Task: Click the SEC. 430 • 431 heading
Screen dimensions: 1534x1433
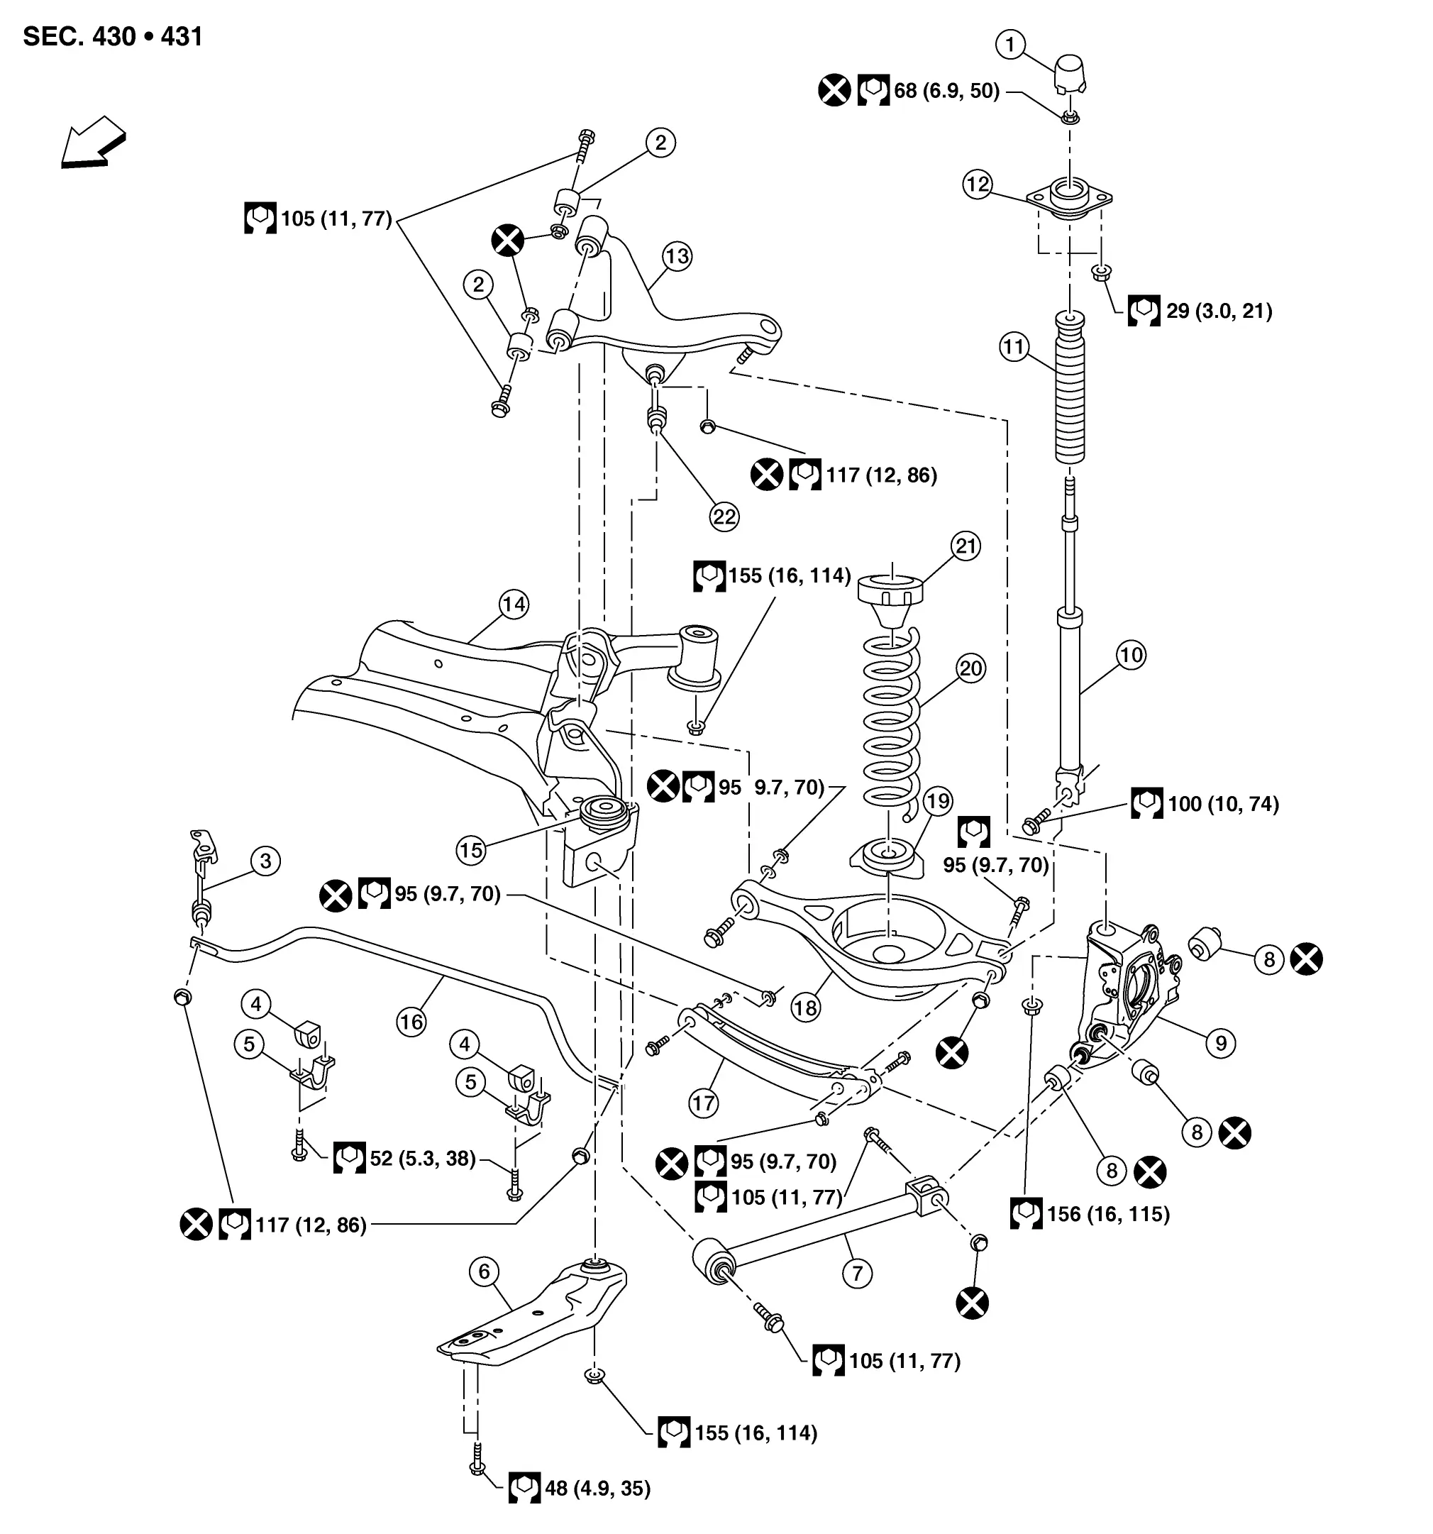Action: click(113, 36)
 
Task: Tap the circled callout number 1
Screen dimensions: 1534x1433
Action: click(1010, 45)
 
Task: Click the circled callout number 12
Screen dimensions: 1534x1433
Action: click(978, 184)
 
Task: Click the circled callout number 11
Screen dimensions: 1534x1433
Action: click(1014, 346)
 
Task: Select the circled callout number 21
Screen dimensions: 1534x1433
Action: click(966, 546)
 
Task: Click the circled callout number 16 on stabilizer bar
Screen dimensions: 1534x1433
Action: click(411, 1022)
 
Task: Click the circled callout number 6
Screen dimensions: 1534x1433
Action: click(484, 1271)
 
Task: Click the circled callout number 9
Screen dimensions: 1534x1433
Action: click(1221, 1043)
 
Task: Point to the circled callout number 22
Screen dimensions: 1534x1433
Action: click(724, 517)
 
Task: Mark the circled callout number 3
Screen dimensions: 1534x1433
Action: click(265, 861)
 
